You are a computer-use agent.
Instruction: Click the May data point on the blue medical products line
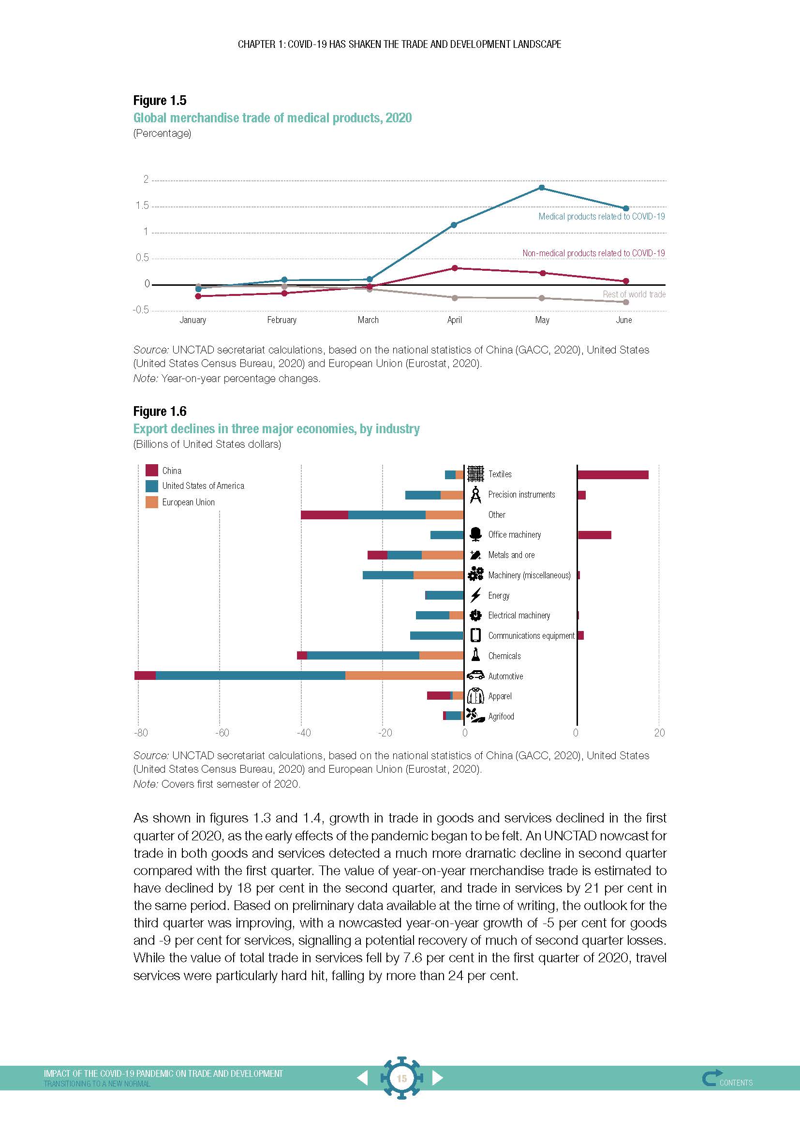tap(542, 188)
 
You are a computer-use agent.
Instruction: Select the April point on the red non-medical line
tap(455, 268)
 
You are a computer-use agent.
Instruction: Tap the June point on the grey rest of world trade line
tap(626, 302)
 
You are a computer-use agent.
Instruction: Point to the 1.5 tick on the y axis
tap(142, 206)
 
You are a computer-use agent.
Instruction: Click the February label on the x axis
tap(282, 320)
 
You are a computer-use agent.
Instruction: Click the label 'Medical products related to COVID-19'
tap(602, 216)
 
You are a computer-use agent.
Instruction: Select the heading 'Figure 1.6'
tap(160, 411)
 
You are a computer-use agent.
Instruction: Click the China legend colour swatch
tap(152, 470)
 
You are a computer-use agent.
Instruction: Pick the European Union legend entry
tap(188, 502)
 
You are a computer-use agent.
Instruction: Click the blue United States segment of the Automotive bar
tap(250, 676)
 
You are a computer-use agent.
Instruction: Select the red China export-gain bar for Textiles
tap(613, 475)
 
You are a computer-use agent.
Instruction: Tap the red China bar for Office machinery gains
tap(594, 535)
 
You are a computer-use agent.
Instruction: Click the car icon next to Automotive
tap(475, 676)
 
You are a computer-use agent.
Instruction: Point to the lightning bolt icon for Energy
tap(475, 595)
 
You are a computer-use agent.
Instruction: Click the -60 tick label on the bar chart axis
tap(222, 733)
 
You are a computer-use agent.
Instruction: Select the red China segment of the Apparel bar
tap(438, 695)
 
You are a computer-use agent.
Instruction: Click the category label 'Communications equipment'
tap(531, 636)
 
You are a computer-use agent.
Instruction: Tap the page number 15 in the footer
tap(401, 1079)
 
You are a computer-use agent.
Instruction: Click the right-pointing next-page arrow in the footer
tap(437, 1078)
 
